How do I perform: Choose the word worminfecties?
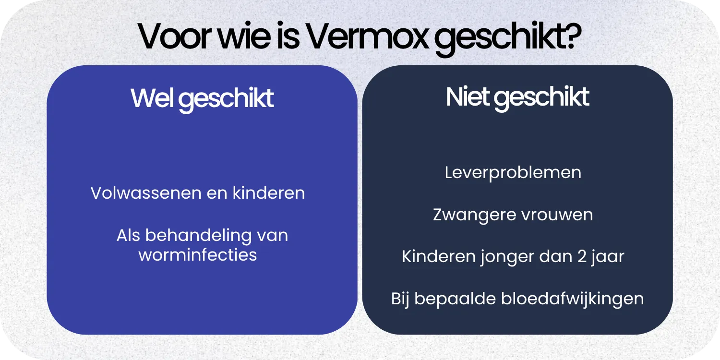(198, 254)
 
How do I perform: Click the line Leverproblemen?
(513, 172)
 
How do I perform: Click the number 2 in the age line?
(581, 256)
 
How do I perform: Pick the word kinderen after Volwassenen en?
(269, 193)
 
